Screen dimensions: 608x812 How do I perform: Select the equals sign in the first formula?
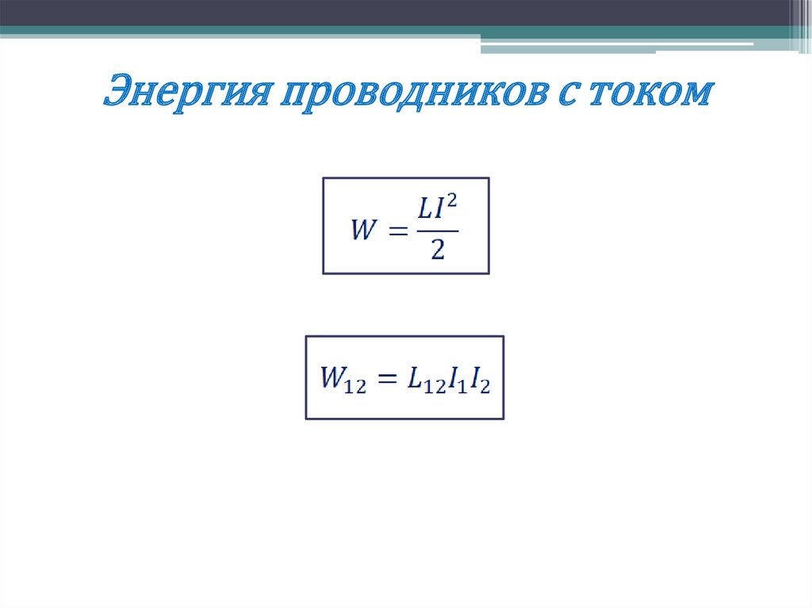coord(397,232)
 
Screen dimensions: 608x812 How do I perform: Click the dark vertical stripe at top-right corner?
coord(801,24)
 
